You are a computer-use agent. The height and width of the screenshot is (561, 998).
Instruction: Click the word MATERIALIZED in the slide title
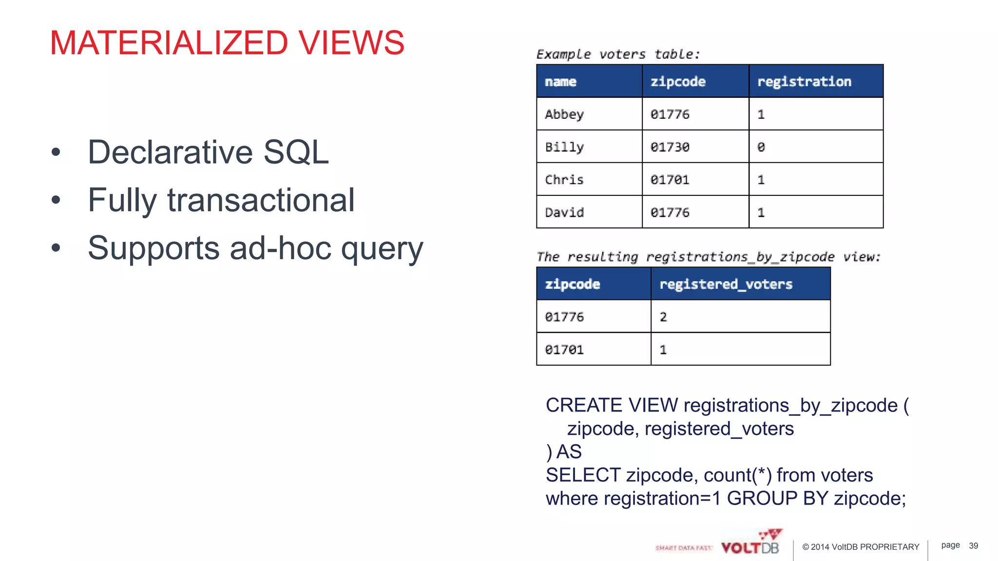click(x=169, y=43)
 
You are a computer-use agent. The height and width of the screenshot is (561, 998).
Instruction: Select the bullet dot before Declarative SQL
click(x=56, y=152)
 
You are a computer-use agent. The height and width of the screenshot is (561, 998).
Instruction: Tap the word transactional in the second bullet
click(x=261, y=200)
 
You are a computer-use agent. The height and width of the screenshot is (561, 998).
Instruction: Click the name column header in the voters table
click(x=560, y=81)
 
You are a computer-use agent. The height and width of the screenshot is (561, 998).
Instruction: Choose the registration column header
click(x=804, y=81)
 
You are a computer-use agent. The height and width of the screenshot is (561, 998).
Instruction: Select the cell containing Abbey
click(x=564, y=114)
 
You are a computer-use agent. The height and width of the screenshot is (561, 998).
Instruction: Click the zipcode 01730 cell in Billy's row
click(x=670, y=147)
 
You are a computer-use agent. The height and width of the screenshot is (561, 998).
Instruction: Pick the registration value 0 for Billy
click(x=761, y=147)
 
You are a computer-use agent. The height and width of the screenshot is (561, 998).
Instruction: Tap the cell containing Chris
click(x=564, y=180)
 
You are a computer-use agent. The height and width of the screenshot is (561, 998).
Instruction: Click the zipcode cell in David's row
click(x=670, y=212)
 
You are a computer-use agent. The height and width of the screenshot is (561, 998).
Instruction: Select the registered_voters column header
click(x=726, y=284)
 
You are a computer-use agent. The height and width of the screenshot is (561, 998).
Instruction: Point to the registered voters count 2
click(x=663, y=317)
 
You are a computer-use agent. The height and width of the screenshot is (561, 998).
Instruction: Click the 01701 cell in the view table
click(x=564, y=350)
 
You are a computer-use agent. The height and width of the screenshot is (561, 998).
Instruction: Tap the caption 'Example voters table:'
click(x=617, y=54)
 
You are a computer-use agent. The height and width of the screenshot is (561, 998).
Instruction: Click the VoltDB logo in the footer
click(x=750, y=545)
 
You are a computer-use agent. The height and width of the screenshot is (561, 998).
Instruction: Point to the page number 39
click(x=973, y=546)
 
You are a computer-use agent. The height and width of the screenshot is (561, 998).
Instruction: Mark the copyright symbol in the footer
click(x=806, y=547)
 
